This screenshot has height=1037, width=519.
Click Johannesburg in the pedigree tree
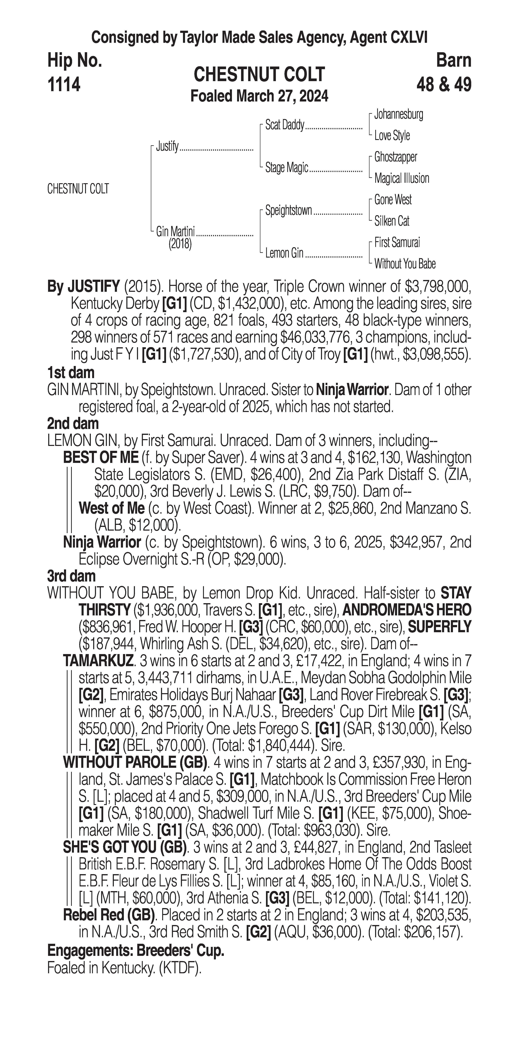(398, 114)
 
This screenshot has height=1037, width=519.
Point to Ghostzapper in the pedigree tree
(395, 157)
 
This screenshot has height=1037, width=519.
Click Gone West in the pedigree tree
(393, 200)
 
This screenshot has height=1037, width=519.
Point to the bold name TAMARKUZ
(98, 661)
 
